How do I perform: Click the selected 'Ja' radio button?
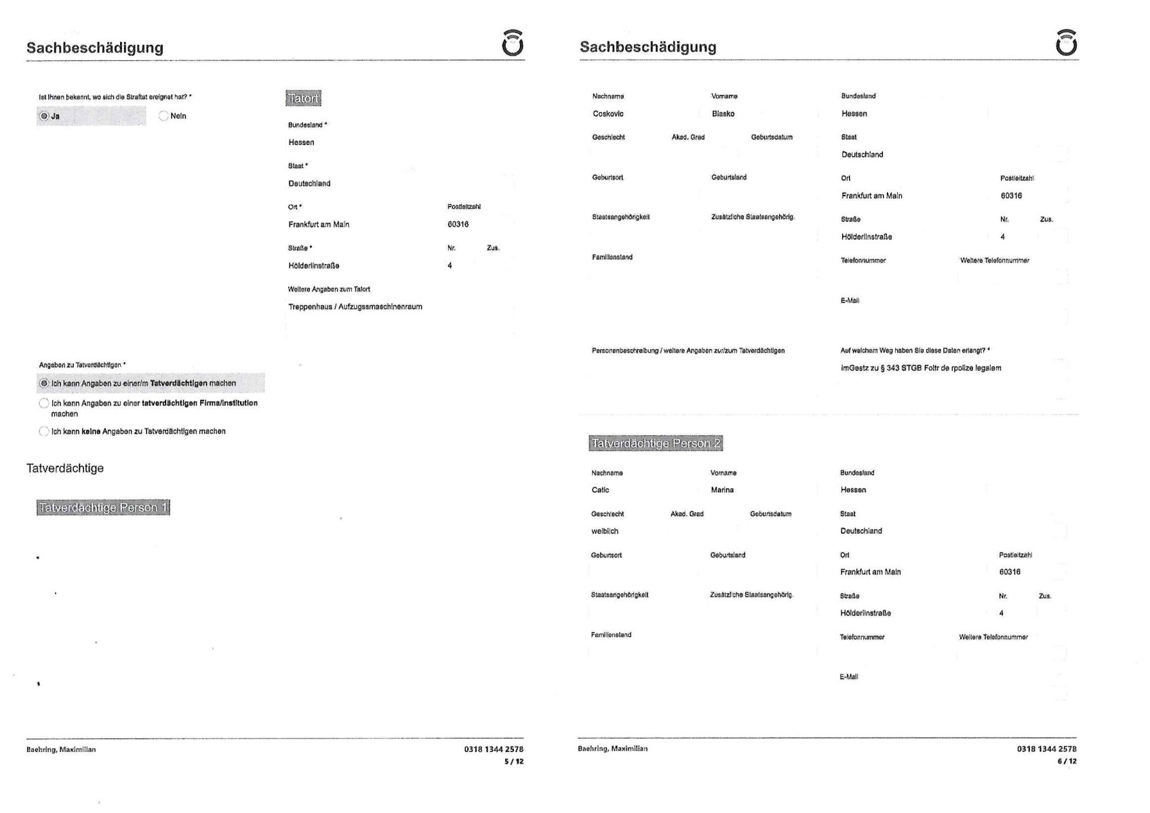(x=44, y=116)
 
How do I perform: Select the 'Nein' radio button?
(x=163, y=116)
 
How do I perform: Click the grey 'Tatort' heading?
(x=303, y=98)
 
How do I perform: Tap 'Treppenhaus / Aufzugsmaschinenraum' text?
(x=355, y=306)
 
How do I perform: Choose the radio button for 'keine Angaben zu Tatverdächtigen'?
(x=44, y=431)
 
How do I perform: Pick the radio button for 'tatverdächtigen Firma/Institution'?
(x=44, y=403)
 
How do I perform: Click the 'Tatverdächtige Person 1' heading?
(x=103, y=508)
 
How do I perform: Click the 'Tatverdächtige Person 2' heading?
(x=656, y=443)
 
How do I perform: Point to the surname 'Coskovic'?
(x=608, y=114)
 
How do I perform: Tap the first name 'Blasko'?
(x=723, y=114)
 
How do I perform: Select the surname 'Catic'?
(x=600, y=490)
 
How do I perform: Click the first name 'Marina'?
(x=722, y=490)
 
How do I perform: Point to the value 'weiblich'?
(x=604, y=532)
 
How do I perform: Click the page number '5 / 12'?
(x=513, y=761)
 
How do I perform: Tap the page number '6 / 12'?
(x=1067, y=761)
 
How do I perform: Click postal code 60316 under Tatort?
(x=458, y=224)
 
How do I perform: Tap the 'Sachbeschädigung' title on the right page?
(x=648, y=47)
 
